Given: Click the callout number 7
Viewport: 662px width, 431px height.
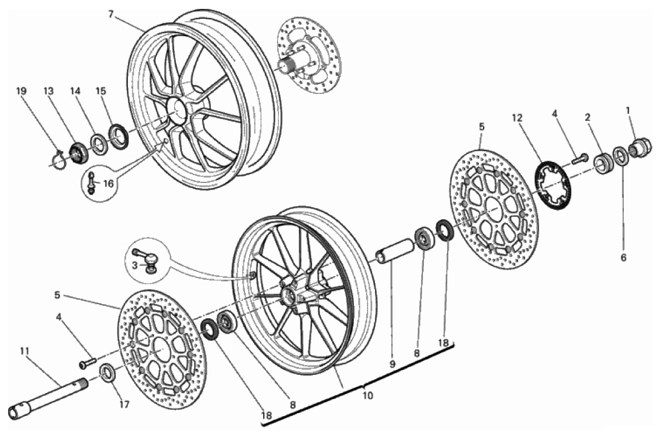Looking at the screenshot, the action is [x=111, y=14].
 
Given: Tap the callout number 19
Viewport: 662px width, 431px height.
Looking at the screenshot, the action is [x=21, y=91].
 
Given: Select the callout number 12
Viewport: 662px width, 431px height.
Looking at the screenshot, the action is [x=517, y=118].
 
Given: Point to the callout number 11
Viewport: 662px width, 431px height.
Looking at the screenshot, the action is [x=24, y=350].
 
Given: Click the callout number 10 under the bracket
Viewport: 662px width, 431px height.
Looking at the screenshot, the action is [x=368, y=395].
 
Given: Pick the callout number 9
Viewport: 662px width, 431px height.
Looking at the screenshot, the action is [x=392, y=364].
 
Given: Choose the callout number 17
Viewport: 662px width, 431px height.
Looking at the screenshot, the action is [x=123, y=404].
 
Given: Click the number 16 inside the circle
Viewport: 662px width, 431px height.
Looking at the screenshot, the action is [x=108, y=184].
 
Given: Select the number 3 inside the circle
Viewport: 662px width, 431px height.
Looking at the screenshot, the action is [x=134, y=265].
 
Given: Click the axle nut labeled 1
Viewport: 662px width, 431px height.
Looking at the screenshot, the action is [x=640, y=146].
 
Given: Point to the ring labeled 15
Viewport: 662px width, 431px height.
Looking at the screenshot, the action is [x=119, y=136].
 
